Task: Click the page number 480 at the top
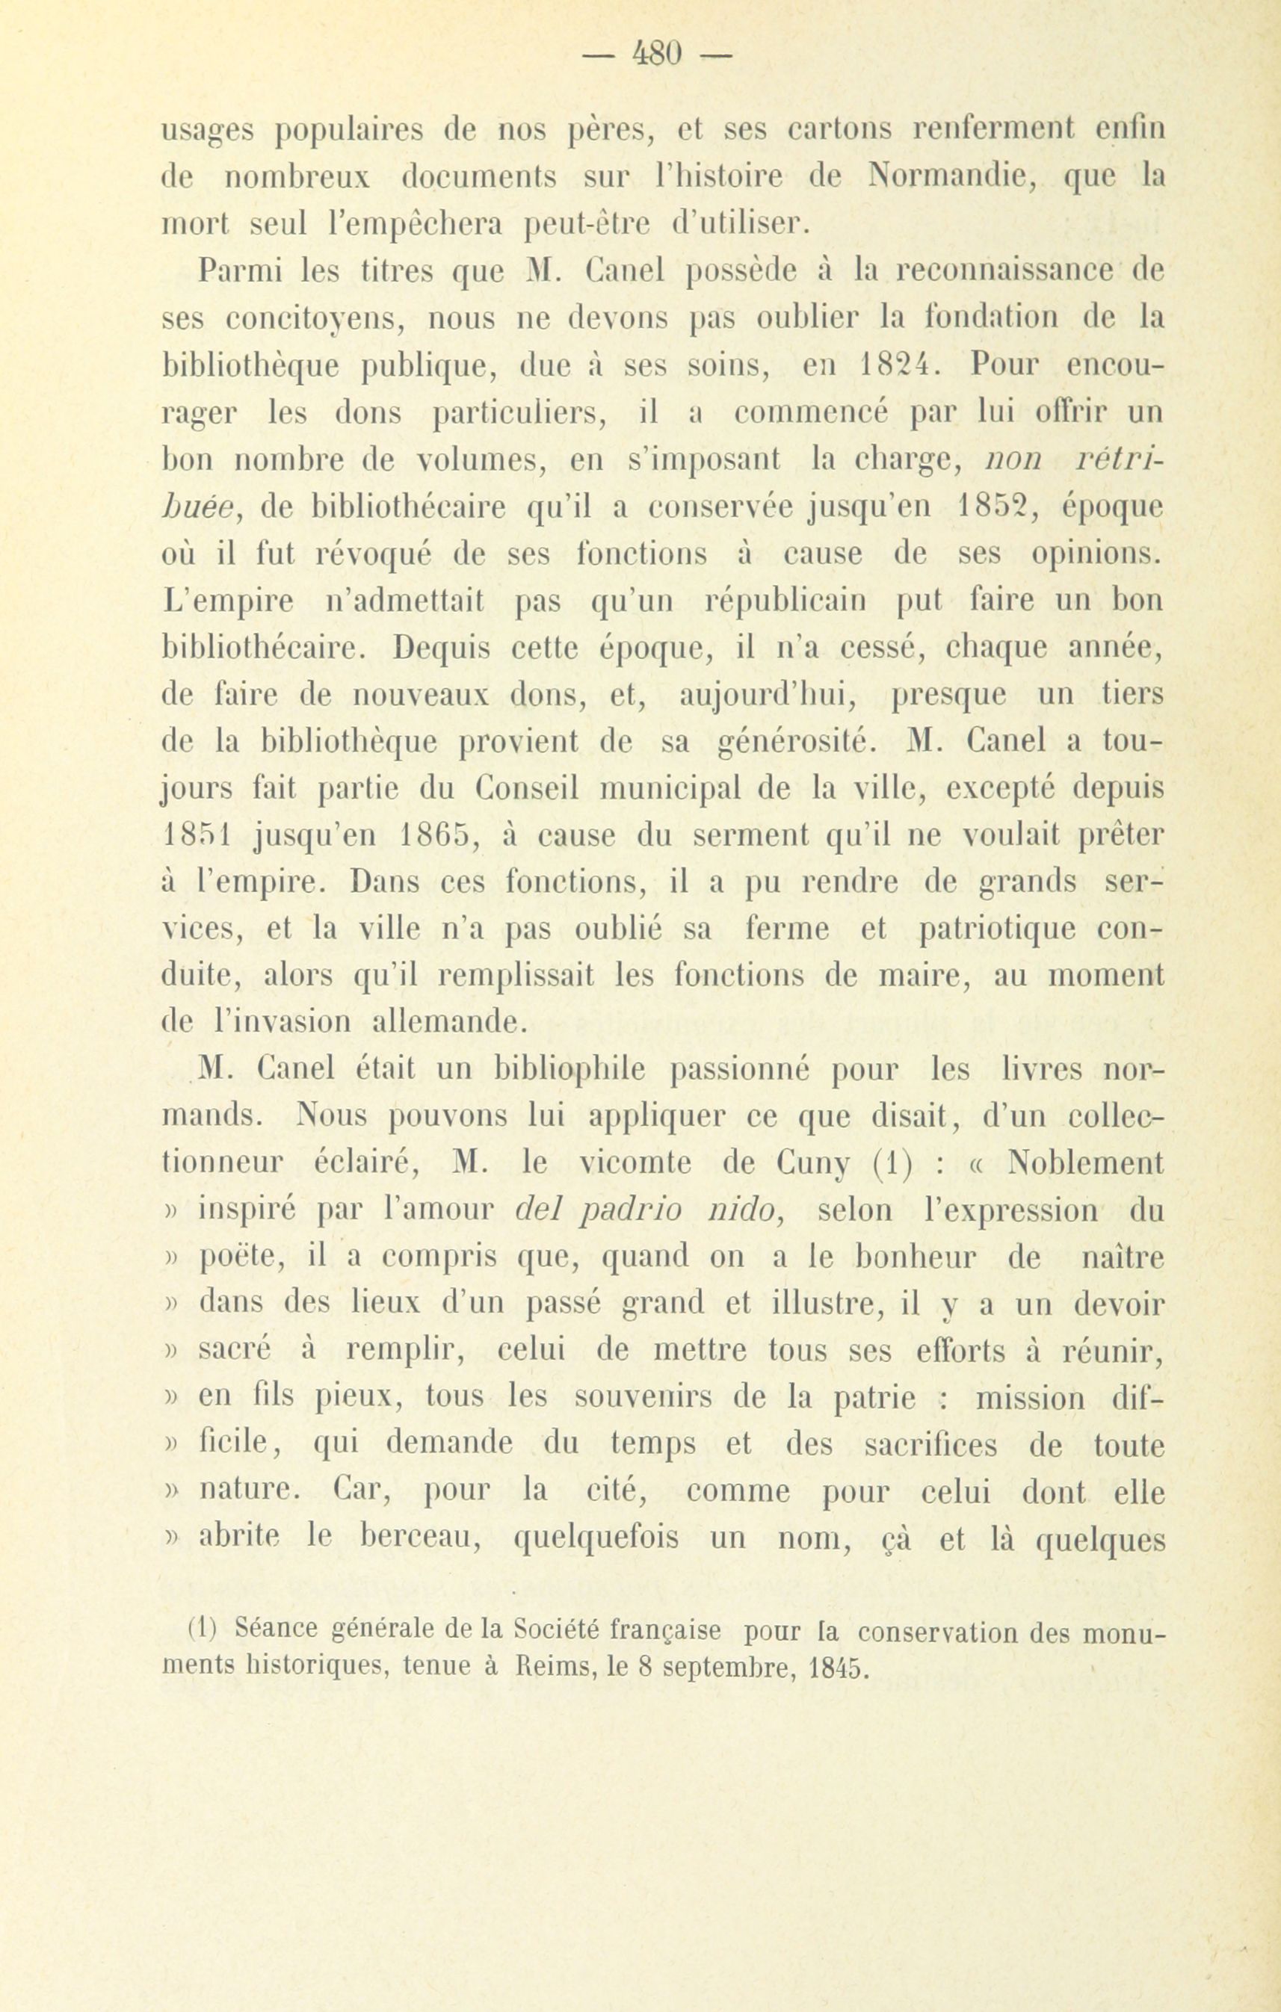pyautogui.click(x=656, y=55)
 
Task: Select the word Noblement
pyautogui.click(x=1085, y=1163)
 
